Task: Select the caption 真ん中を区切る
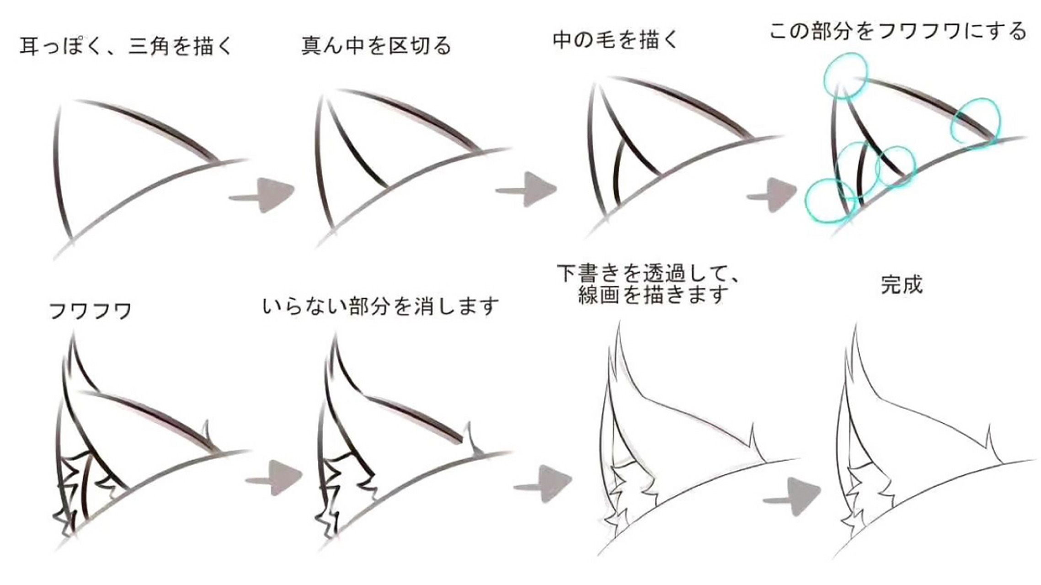point(376,46)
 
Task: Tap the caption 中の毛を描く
point(615,40)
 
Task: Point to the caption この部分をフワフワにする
point(898,31)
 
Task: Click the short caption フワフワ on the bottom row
point(91,311)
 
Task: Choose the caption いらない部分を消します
point(380,306)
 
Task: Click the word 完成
point(901,285)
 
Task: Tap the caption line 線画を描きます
point(652,296)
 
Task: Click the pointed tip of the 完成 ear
point(854,325)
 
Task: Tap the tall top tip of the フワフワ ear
point(73,336)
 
